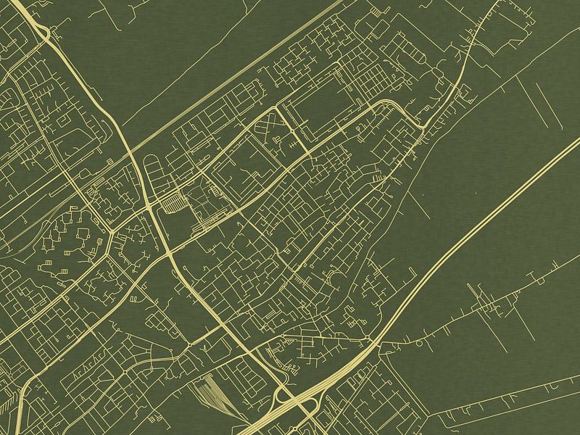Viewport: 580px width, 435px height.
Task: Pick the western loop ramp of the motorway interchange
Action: (x=279, y=395)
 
